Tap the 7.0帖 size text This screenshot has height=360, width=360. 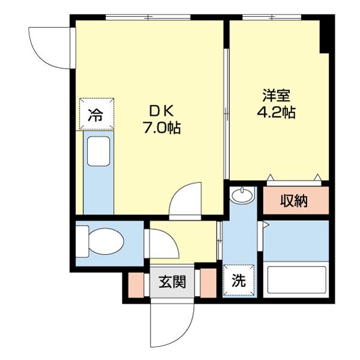coord(161,128)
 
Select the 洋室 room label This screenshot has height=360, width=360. coord(276,95)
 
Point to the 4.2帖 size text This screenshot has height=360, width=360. coord(276,112)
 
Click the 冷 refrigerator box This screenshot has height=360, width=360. coord(95,114)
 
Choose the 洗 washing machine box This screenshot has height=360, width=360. coord(238,280)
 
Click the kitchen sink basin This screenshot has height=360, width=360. coord(98,151)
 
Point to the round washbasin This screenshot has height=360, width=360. coord(242,196)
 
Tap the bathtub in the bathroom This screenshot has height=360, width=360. coord(296,281)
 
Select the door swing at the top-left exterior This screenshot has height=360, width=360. coord(50,46)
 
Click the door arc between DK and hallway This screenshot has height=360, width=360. coord(185,201)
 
